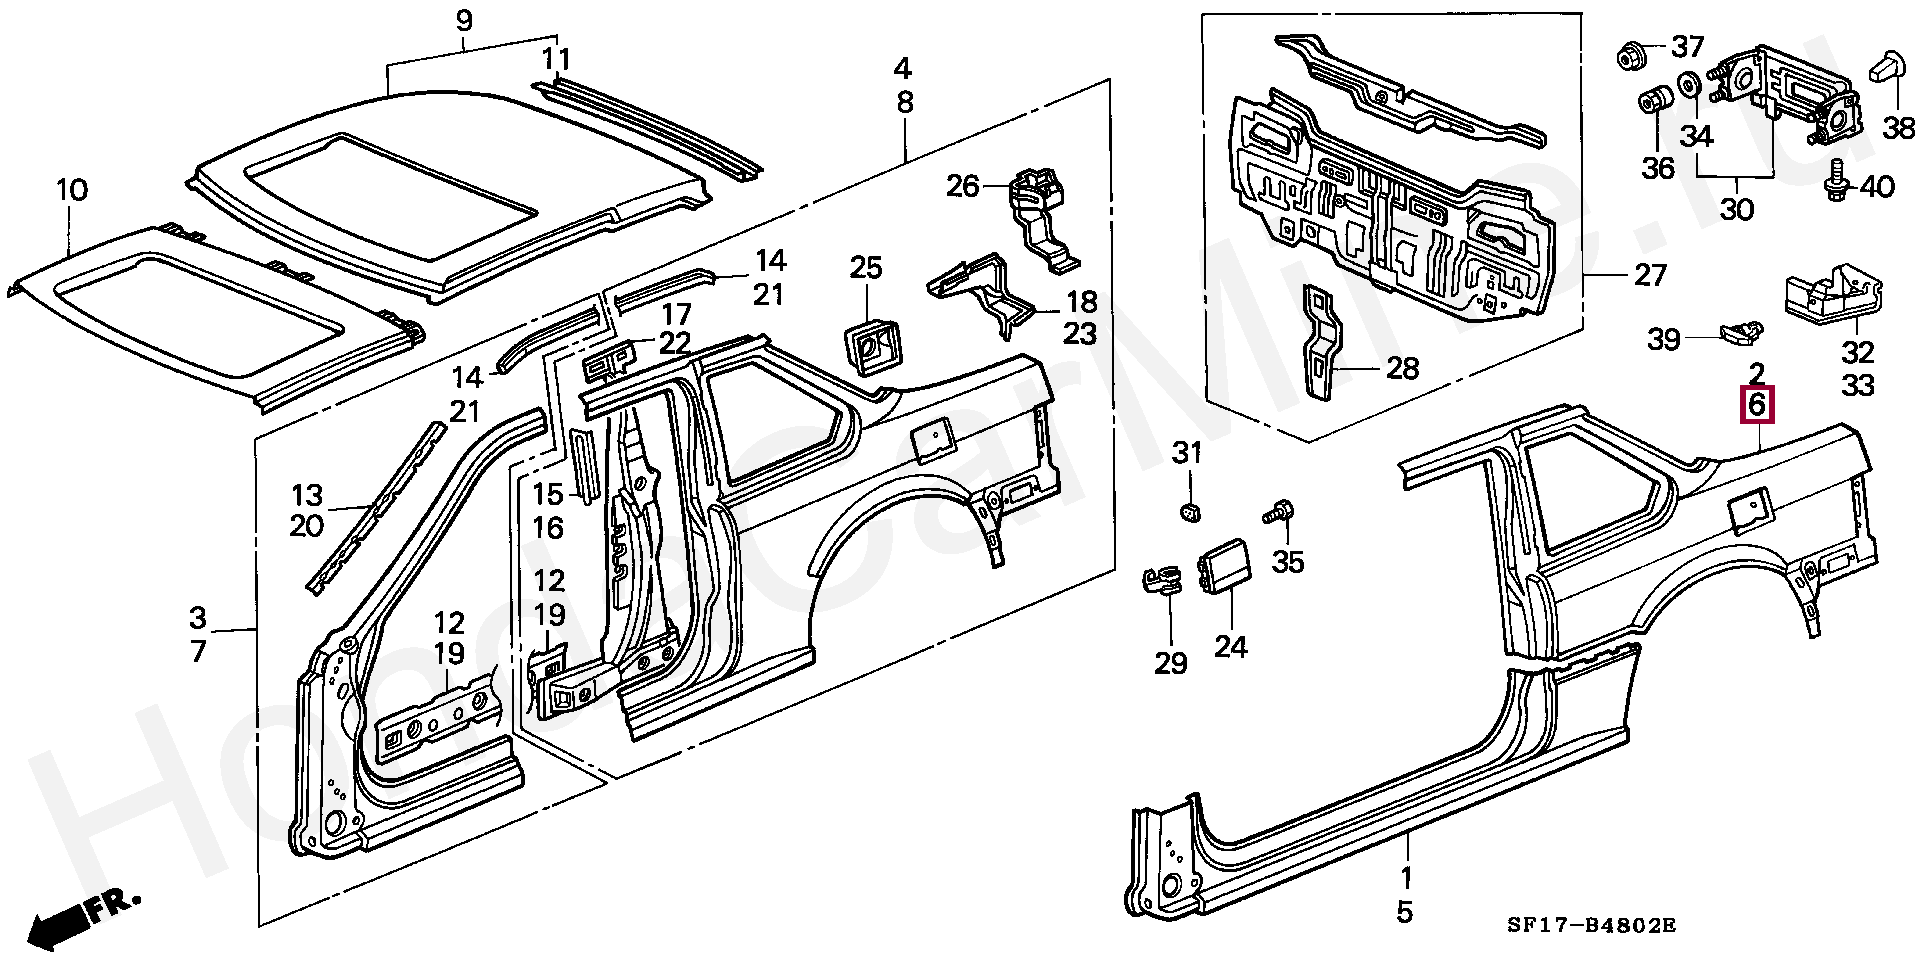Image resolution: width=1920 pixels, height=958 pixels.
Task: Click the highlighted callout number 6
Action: coord(1757,405)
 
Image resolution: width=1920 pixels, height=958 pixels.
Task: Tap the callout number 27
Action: coord(1651,275)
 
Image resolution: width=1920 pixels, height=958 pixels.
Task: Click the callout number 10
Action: coord(73,190)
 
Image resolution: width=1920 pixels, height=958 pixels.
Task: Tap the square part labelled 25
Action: coord(868,344)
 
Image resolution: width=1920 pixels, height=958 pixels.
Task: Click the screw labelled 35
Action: coord(1277,513)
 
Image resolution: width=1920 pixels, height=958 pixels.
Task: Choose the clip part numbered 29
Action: coord(1161,581)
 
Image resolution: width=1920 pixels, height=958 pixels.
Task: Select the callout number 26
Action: coord(963,186)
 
